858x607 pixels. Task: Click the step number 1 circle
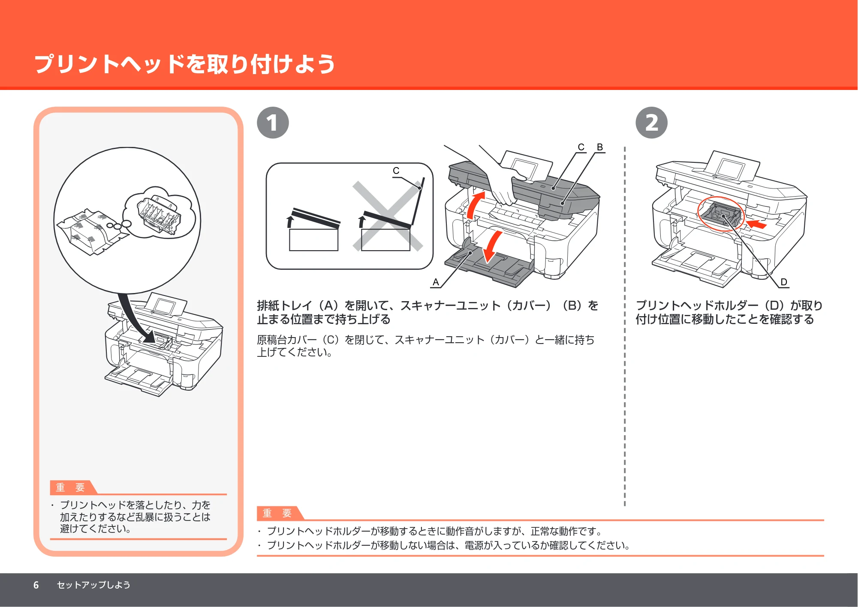(273, 123)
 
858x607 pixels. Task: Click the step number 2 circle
(651, 123)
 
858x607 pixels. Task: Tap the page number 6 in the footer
(36, 585)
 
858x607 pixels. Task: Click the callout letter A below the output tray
(436, 282)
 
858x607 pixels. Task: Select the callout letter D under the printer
(784, 282)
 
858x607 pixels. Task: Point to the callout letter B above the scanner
(600, 147)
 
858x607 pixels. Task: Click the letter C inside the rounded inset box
(396, 171)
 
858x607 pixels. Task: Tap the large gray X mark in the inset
(388, 216)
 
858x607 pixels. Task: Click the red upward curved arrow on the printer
(474, 206)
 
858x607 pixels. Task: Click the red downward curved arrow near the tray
(492, 246)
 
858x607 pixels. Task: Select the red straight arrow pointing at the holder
(756, 224)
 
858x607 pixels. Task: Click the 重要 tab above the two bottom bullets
(277, 513)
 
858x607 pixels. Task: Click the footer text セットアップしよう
(93, 585)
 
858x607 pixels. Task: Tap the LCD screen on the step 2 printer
(729, 169)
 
